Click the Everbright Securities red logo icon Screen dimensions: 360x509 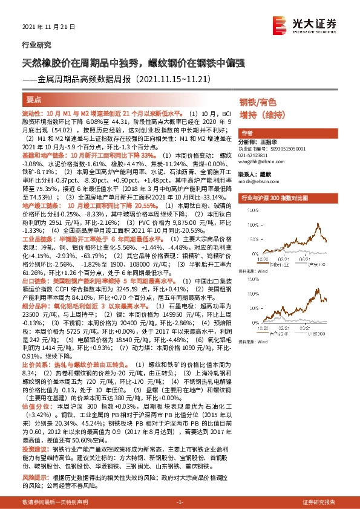tap(280, 24)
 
